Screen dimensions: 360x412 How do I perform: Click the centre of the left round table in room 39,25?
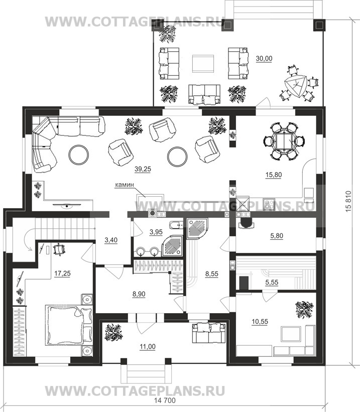pyautogui.click(x=79, y=155)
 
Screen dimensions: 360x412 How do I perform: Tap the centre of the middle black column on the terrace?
pyautogui.click(x=227, y=25)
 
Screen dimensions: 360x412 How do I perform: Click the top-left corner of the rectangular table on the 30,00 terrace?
pyautogui.click(x=192, y=55)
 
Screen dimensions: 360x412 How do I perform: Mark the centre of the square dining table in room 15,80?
pyautogui.click(x=284, y=142)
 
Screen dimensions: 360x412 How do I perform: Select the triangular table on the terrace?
pyautogui.click(x=296, y=86)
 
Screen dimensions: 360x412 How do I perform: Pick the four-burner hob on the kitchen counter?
pyautogui.click(x=269, y=204)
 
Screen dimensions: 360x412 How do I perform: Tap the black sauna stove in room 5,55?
pyautogui.click(x=244, y=283)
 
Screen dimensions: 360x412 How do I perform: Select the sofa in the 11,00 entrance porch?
pyautogui.click(x=209, y=333)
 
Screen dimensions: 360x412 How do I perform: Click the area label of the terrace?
pyautogui.click(x=264, y=59)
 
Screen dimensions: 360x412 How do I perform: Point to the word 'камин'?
pyautogui.click(x=125, y=185)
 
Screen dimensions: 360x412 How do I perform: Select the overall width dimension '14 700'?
pyautogui.click(x=165, y=400)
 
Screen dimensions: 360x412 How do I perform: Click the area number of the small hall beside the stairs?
pyautogui.click(x=111, y=240)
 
